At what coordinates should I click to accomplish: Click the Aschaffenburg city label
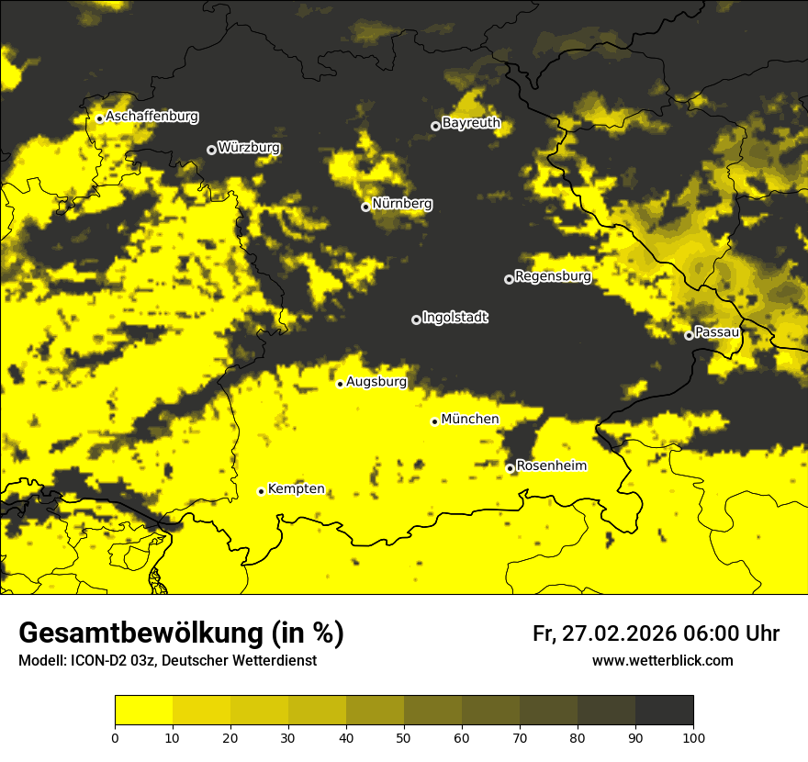pos(151,117)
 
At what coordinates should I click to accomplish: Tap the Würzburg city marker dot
pos(211,150)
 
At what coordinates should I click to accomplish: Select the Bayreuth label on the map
pos(471,123)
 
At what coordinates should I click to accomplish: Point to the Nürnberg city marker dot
pos(365,207)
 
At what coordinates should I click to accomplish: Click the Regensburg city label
pos(553,276)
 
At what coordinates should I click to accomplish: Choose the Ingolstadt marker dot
pos(416,319)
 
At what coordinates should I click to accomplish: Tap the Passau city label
pos(716,332)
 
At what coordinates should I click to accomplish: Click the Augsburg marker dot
pos(340,384)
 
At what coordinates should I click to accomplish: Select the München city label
pos(470,420)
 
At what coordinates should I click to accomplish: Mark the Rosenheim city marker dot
pos(511,469)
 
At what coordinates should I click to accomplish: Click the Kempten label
pos(296,489)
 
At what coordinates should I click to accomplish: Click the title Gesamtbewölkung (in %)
pos(181,633)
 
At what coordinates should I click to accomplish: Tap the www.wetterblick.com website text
pos(662,661)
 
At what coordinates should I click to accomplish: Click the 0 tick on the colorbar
pos(115,737)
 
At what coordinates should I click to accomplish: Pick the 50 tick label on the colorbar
pos(404,737)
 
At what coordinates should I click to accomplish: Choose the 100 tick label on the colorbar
pos(693,737)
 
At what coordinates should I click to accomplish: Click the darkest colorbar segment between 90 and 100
pos(664,711)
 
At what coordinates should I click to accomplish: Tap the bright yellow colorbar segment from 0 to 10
pos(143,711)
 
